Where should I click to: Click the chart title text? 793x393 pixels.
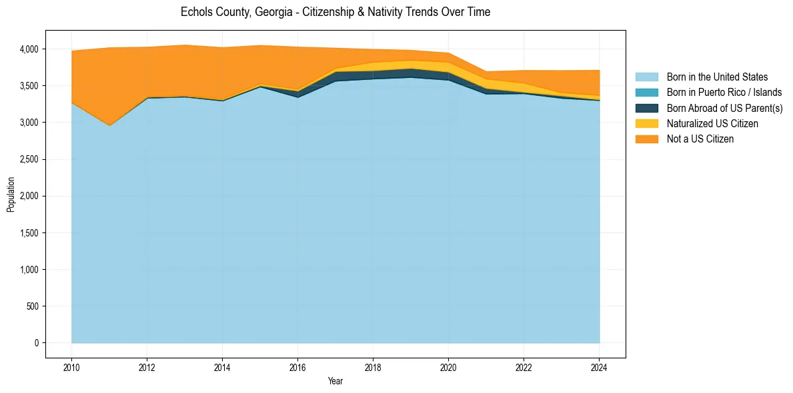click(x=335, y=12)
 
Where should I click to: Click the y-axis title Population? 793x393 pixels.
click(x=11, y=195)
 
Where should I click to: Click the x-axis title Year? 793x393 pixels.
click(x=335, y=381)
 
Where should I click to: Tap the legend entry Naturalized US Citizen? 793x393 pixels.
click(x=712, y=123)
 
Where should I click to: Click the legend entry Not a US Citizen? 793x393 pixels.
click(x=700, y=139)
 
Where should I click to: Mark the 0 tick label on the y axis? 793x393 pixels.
click(x=37, y=343)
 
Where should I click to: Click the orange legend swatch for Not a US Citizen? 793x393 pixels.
click(x=646, y=139)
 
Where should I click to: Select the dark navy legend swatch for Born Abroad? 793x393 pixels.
click(x=646, y=108)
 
